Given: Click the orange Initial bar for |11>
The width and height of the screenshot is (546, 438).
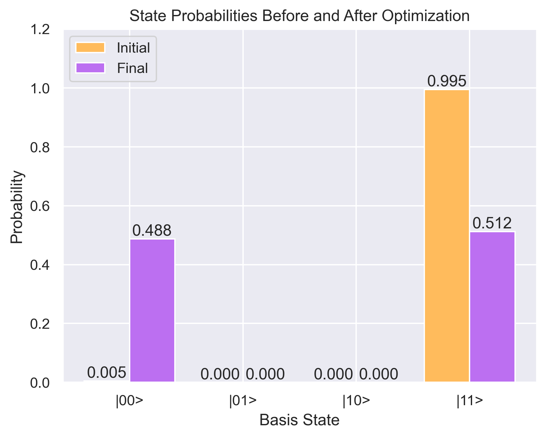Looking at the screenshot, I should (x=447, y=236).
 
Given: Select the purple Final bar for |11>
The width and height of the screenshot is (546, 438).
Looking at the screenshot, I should (x=492, y=306).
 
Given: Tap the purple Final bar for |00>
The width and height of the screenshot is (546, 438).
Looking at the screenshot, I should (x=152, y=310).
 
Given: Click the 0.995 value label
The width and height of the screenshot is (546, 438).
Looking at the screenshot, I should (x=447, y=81).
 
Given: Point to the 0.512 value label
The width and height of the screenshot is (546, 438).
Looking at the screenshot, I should (x=492, y=223).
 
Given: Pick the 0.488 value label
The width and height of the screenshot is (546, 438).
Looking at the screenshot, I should (x=152, y=230).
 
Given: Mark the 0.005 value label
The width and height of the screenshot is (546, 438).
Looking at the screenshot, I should (x=107, y=372).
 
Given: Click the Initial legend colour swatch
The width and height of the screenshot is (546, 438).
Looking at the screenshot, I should (x=90, y=47).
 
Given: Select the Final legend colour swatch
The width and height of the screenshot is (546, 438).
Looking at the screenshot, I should (x=90, y=68).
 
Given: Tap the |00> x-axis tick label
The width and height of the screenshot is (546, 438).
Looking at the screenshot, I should (x=129, y=401).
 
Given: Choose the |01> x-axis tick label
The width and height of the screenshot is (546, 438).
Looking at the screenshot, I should (x=243, y=401).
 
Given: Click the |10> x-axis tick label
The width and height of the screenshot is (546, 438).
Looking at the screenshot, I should (x=356, y=401).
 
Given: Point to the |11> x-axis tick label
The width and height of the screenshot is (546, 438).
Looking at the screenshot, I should (x=470, y=401).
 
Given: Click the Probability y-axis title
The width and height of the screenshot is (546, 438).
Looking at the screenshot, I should (x=17, y=207).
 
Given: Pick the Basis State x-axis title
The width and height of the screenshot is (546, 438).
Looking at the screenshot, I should (x=299, y=420).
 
